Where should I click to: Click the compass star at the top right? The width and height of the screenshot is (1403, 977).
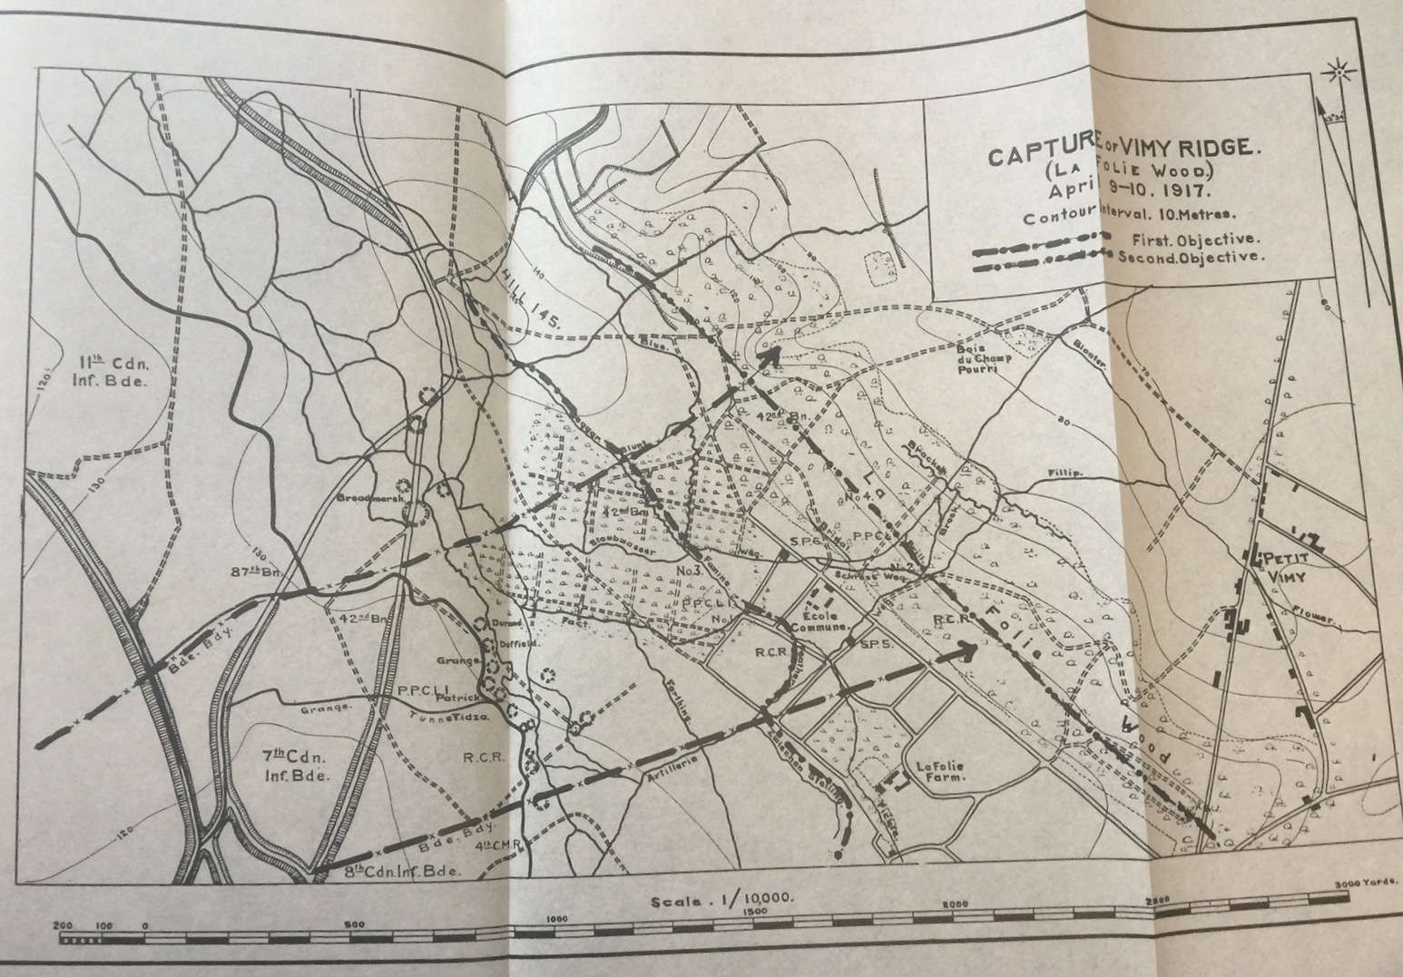click(1337, 71)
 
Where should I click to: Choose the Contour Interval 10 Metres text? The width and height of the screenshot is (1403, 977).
click(1118, 217)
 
